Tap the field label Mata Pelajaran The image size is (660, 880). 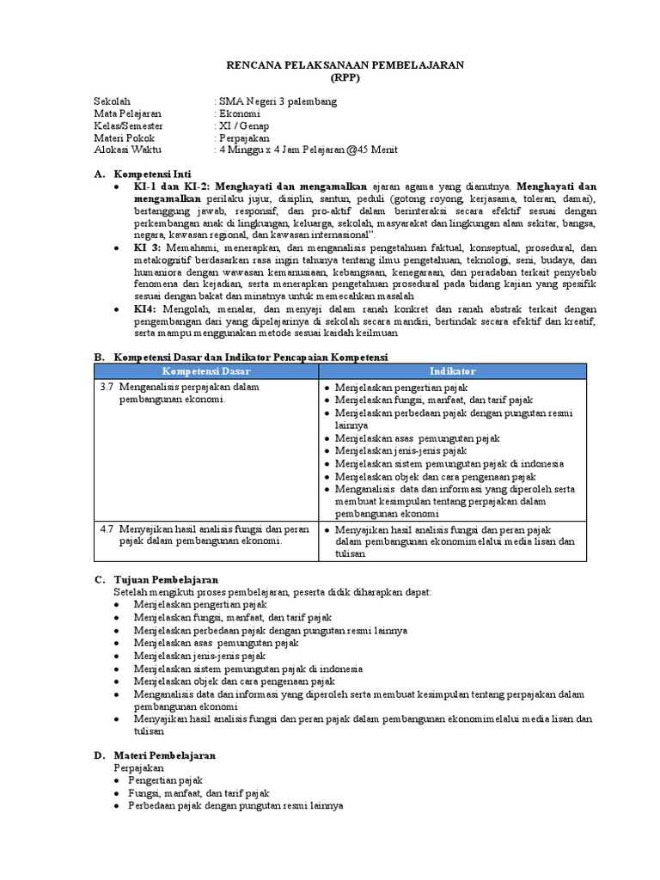coord(127,113)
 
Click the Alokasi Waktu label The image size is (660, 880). coord(125,150)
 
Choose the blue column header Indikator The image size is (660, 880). coord(452,370)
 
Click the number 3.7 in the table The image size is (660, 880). coord(107,388)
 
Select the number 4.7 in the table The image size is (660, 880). coord(107,529)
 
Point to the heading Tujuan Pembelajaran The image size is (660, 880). coord(166,580)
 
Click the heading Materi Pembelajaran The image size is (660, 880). coord(166,755)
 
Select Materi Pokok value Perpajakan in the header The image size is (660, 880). coord(243,137)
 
